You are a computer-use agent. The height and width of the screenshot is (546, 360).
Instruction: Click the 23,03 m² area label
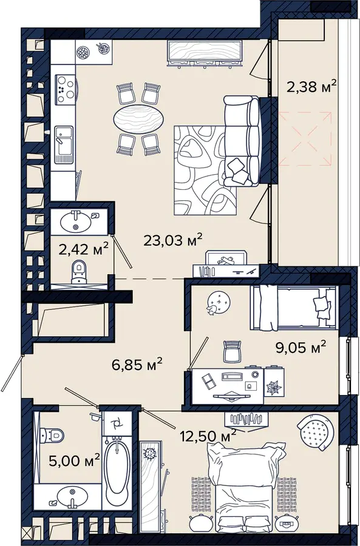(x=173, y=240)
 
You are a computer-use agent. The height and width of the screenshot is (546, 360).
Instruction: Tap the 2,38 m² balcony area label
(x=311, y=86)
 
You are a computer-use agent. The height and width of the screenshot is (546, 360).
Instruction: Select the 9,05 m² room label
(x=301, y=347)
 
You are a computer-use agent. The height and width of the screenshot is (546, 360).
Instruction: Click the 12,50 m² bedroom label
(x=208, y=435)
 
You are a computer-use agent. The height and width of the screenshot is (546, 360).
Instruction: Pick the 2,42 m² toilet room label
(x=84, y=249)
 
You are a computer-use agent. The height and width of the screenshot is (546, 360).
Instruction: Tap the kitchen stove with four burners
(x=65, y=90)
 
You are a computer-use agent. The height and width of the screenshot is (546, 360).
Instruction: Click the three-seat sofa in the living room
(x=242, y=141)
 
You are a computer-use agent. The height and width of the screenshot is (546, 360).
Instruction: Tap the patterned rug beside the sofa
(x=206, y=170)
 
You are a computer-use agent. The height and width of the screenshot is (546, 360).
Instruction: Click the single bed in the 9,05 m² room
(x=293, y=308)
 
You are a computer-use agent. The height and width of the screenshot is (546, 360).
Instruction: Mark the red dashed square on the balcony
(x=305, y=138)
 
